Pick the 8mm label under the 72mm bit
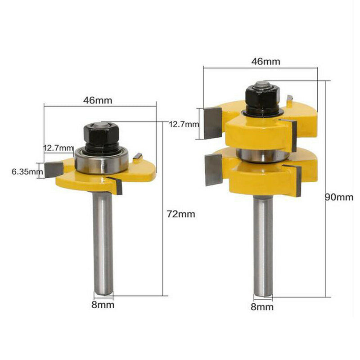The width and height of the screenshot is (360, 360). pyautogui.click(x=103, y=305)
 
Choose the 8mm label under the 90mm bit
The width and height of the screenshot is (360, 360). pyautogui.click(x=262, y=307)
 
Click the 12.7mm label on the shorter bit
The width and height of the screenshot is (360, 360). pyautogui.click(x=58, y=148)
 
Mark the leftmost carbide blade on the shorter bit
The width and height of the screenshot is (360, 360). pyautogui.click(x=53, y=169)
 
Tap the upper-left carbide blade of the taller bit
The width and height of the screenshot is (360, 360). pyautogui.click(x=213, y=122)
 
